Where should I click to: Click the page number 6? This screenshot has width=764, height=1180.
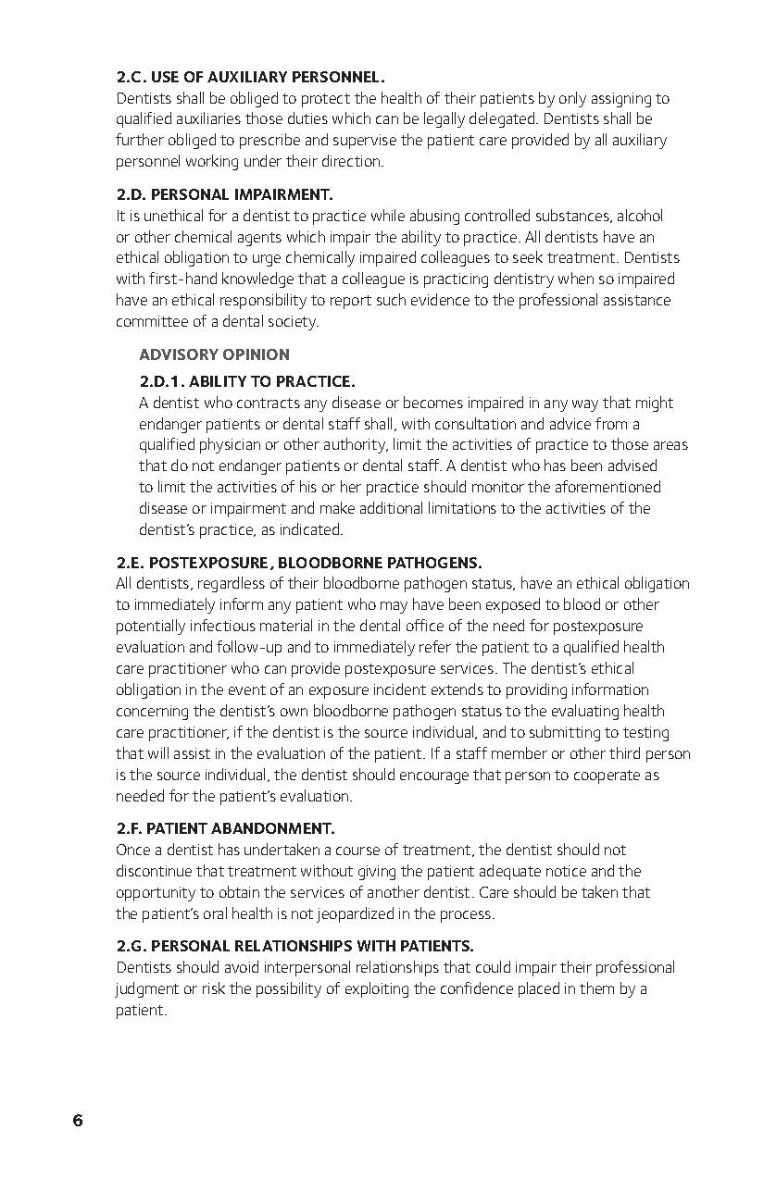click(78, 1121)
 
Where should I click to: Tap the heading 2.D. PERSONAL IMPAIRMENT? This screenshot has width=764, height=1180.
click(224, 194)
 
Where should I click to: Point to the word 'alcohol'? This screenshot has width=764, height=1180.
click(639, 216)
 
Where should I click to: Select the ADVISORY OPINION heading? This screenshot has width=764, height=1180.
click(214, 354)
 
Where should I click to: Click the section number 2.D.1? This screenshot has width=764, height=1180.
click(161, 381)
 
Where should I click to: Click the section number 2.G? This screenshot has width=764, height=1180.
click(131, 946)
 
